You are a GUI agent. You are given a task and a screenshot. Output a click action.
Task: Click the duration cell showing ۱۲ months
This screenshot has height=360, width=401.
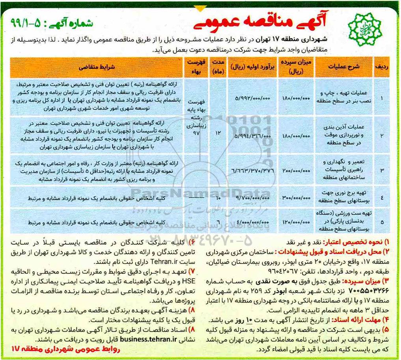(218, 133)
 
